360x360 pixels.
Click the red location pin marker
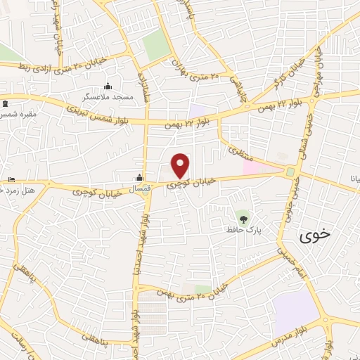click(181, 165)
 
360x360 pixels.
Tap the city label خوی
click(314, 236)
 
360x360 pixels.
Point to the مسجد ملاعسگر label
click(106, 96)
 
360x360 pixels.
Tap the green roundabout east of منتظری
click(290, 171)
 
